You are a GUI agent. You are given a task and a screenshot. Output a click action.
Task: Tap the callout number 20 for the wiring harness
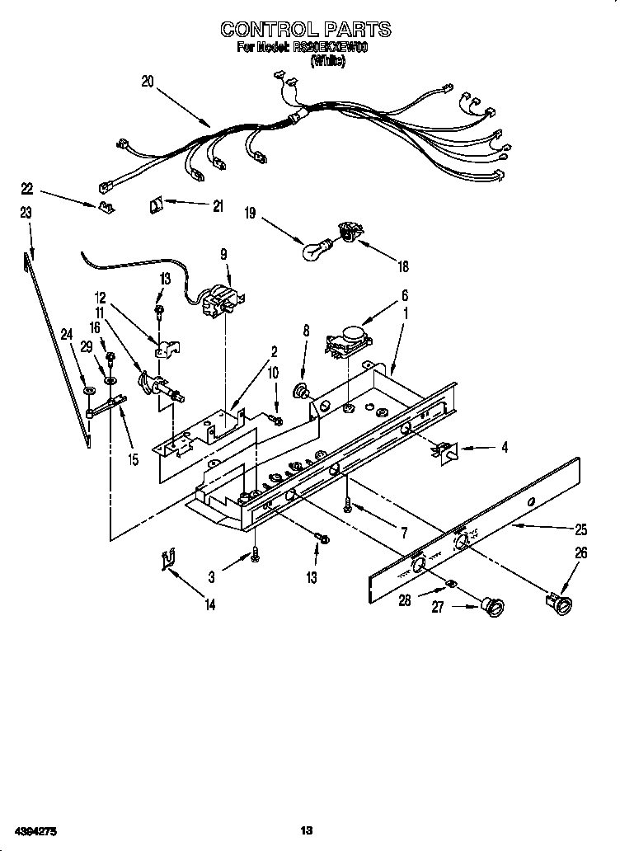point(148,81)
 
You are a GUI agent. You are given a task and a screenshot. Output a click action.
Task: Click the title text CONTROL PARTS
point(305,30)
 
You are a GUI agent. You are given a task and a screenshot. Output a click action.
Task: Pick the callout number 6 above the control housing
point(405,294)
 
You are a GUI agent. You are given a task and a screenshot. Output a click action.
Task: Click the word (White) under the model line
point(327,61)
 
